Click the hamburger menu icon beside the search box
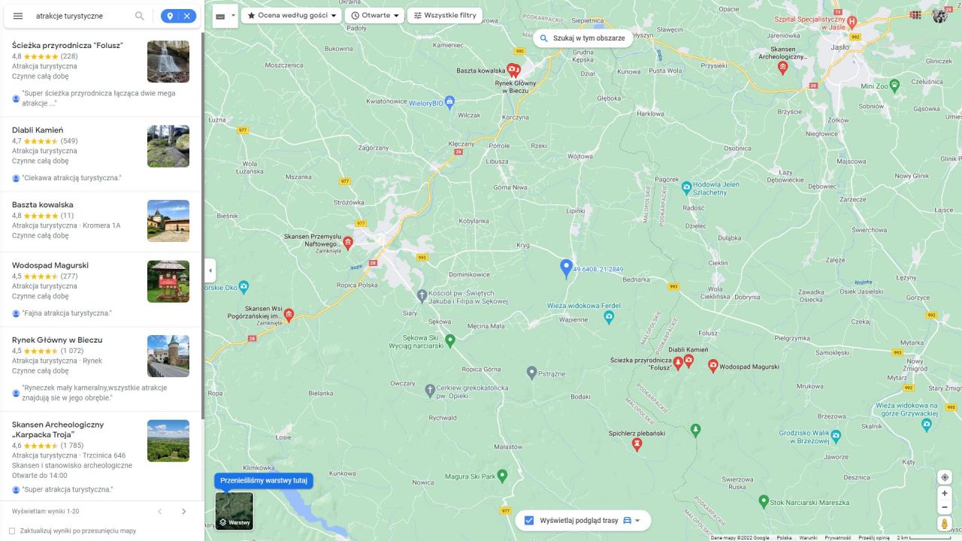pyautogui.click(x=18, y=16)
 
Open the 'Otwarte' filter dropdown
pyautogui.click(x=375, y=15)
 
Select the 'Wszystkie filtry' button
pyautogui.click(x=445, y=15)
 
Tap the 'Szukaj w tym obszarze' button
pyautogui.click(x=582, y=38)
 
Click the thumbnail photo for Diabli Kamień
pyautogui.click(x=168, y=146)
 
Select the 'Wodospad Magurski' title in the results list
pyautogui.click(x=50, y=265)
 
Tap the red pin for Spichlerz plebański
pyautogui.click(x=637, y=444)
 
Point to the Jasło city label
pyautogui.click(x=839, y=47)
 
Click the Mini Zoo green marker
pyautogui.click(x=894, y=85)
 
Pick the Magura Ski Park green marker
pyautogui.click(x=503, y=475)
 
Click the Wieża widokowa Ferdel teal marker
pyautogui.click(x=609, y=316)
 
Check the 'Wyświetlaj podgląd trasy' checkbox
pyautogui.click(x=529, y=520)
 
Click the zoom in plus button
pyautogui.click(x=945, y=494)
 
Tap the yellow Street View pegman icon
pyautogui.click(x=945, y=523)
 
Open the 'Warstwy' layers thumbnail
pyautogui.click(x=234, y=511)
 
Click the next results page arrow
pyautogui.click(x=184, y=512)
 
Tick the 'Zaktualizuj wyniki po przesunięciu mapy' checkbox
pyautogui.click(x=12, y=530)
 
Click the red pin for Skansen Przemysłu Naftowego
pyautogui.click(x=347, y=243)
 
